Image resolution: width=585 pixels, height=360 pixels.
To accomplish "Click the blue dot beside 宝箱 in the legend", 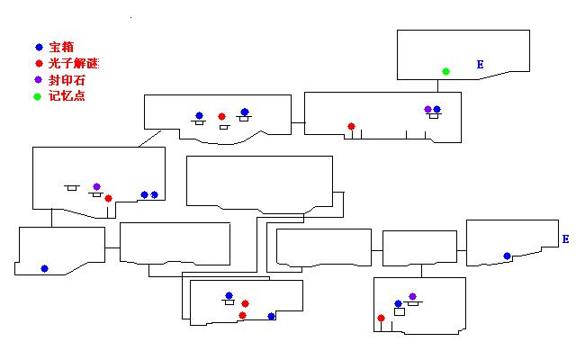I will tap(38, 47).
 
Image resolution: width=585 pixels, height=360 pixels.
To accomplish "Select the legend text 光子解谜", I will tap(74, 63).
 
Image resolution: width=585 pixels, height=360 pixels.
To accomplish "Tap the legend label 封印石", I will tap(67, 79).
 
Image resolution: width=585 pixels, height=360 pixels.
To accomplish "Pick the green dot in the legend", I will tap(38, 96).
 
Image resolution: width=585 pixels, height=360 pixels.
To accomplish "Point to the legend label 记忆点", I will tap(67, 96).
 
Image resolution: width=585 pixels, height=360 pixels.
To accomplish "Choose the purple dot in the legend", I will tap(38, 79).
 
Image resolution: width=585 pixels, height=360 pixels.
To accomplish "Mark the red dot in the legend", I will tap(38, 63).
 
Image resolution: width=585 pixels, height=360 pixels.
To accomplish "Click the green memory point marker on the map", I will tap(445, 71).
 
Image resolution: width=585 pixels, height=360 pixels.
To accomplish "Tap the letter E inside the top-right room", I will tap(480, 65).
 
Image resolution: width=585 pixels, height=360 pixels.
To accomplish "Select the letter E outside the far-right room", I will tap(565, 239).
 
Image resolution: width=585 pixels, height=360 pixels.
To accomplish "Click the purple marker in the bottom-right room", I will tap(412, 296).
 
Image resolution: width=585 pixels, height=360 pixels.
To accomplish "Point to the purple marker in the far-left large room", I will tap(96, 186).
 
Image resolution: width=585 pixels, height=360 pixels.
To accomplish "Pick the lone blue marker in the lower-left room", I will tap(44, 268).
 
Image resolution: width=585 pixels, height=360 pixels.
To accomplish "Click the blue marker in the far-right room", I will tap(507, 256).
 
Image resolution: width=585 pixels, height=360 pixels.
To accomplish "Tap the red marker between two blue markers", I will tap(221, 116).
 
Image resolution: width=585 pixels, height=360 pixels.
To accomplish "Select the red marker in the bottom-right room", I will tap(382, 318).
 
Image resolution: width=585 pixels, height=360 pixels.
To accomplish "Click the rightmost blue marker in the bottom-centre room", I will tap(271, 316).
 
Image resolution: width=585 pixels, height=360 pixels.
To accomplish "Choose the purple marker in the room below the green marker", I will tap(427, 109).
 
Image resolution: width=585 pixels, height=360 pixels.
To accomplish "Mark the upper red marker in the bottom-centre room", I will tap(245, 303).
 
